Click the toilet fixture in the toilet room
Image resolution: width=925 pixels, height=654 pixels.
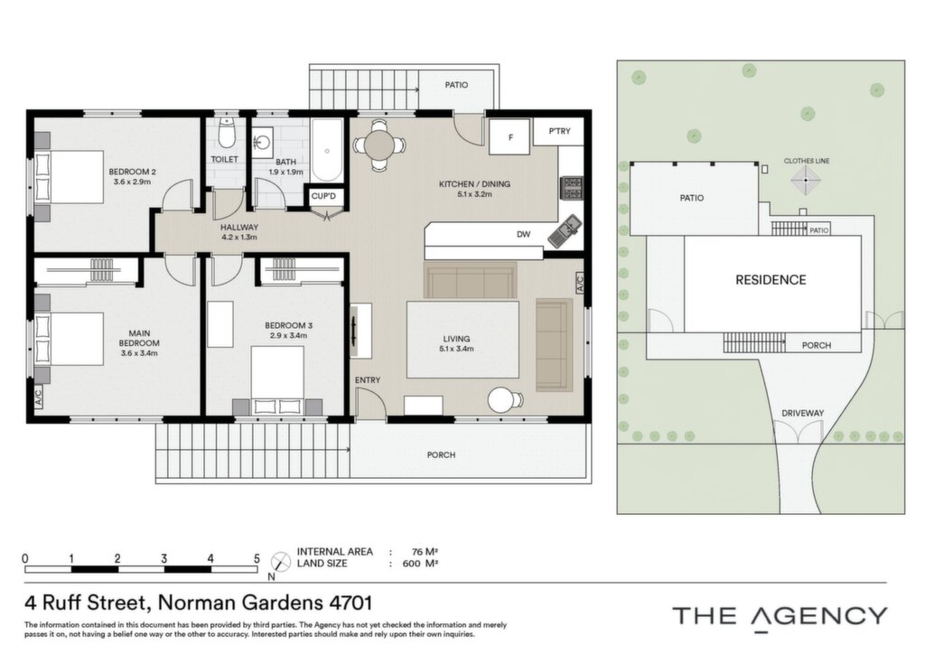(x=226, y=133)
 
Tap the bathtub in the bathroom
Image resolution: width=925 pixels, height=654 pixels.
(x=326, y=150)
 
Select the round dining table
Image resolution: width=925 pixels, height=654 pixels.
(x=379, y=145)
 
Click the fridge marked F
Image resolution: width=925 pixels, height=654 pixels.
(x=509, y=136)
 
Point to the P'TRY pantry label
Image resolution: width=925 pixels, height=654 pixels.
(x=559, y=131)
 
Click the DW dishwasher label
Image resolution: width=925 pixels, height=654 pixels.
(x=523, y=234)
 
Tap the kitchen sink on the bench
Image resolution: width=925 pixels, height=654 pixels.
(x=565, y=230)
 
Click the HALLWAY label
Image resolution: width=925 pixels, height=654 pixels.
(x=238, y=227)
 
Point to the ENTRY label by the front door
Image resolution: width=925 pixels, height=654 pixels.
(x=368, y=379)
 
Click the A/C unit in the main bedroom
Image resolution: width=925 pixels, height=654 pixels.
(x=38, y=396)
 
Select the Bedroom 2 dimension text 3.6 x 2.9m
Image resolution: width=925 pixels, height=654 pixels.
(x=132, y=182)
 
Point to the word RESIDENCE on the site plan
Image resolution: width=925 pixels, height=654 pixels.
(x=771, y=280)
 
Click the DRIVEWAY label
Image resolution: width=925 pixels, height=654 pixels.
(x=802, y=414)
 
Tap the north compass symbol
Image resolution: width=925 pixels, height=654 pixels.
(x=280, y=562)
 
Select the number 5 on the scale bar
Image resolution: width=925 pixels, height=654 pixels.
(x=257, y=558)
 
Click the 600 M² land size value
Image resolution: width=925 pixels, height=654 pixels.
(x=420, y=563)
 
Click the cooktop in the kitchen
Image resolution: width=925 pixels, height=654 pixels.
(x=572, y=188)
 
